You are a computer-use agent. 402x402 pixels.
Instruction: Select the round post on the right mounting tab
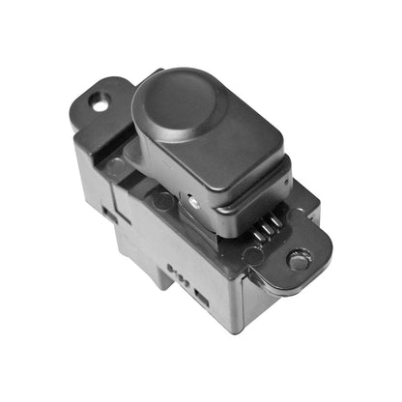299,259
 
